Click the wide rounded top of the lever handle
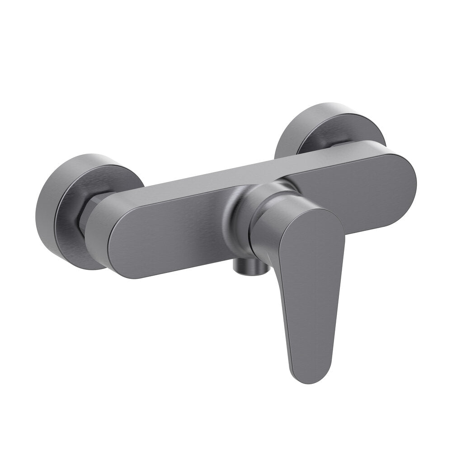312,235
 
